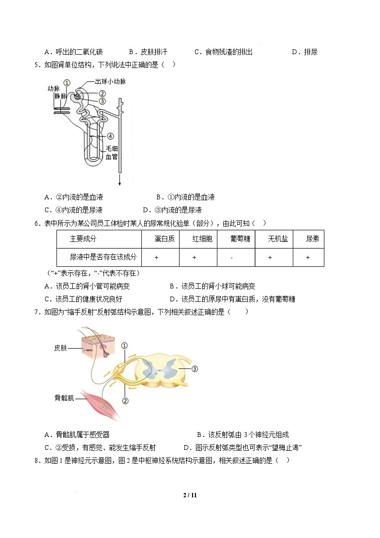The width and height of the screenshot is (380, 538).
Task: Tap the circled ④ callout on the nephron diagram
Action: pos(110,137)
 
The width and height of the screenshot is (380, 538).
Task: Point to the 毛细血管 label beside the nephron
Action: pos(111,152)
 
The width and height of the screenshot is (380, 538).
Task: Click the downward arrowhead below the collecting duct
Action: pos(119,183)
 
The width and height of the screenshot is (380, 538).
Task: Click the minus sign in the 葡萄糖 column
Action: pos(231,257)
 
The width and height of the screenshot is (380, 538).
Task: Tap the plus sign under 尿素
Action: pos(308,257)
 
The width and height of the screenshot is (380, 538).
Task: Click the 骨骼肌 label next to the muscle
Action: pos(64,398)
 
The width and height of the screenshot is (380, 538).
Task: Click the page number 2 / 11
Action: pos(190,495)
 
